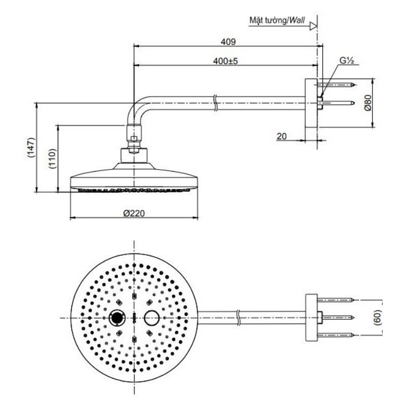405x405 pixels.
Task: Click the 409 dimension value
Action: tap(228, 42)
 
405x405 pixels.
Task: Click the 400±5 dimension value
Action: tap(225, 61)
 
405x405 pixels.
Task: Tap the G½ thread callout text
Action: tap(346, 60)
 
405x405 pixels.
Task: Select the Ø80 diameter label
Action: tap(368, 103)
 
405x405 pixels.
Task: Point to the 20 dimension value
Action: tap(281, 136)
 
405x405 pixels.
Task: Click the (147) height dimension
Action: tap(31, 147)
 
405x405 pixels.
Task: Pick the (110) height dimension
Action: tap(52, 158)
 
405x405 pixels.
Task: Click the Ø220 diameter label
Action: tap(134, 213)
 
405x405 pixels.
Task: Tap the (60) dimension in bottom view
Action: tap(377, 317)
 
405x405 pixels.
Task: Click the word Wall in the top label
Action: tap(297, 20)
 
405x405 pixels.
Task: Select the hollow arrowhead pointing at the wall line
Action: tap(313, 26)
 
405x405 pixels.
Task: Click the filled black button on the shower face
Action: tap(117, 318)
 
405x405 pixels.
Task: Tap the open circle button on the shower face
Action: tap(151, 318)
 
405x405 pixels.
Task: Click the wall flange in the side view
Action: tap(311, 103)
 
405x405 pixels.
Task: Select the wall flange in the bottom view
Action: tap(311, 317)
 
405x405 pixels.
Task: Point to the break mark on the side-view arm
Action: tap(216, 103)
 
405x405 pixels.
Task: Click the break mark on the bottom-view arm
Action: tap(238, 317)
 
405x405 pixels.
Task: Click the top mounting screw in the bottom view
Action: tap(336, 300)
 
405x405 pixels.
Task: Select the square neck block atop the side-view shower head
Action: tap(134, 155)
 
